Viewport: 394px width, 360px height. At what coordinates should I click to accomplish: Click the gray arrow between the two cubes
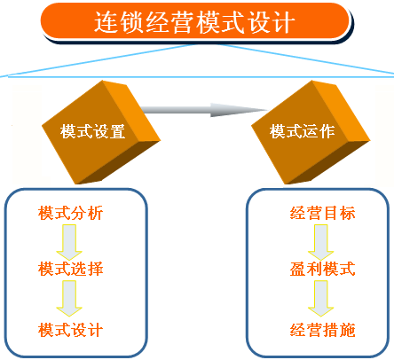click(x=191, y=110)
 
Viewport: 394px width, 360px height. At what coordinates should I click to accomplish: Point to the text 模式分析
click(x=71, y=214)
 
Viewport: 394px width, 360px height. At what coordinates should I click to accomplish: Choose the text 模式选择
click(x=71, y=269)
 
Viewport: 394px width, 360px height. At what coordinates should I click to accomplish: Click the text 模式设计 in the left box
click(x=71, y=330)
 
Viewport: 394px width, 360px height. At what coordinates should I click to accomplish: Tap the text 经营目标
click(x=322, y=214)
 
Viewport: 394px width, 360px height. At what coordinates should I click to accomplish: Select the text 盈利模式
click(x=322, y=269)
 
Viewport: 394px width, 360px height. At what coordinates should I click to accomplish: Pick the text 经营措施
click(x=322, y=330)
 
